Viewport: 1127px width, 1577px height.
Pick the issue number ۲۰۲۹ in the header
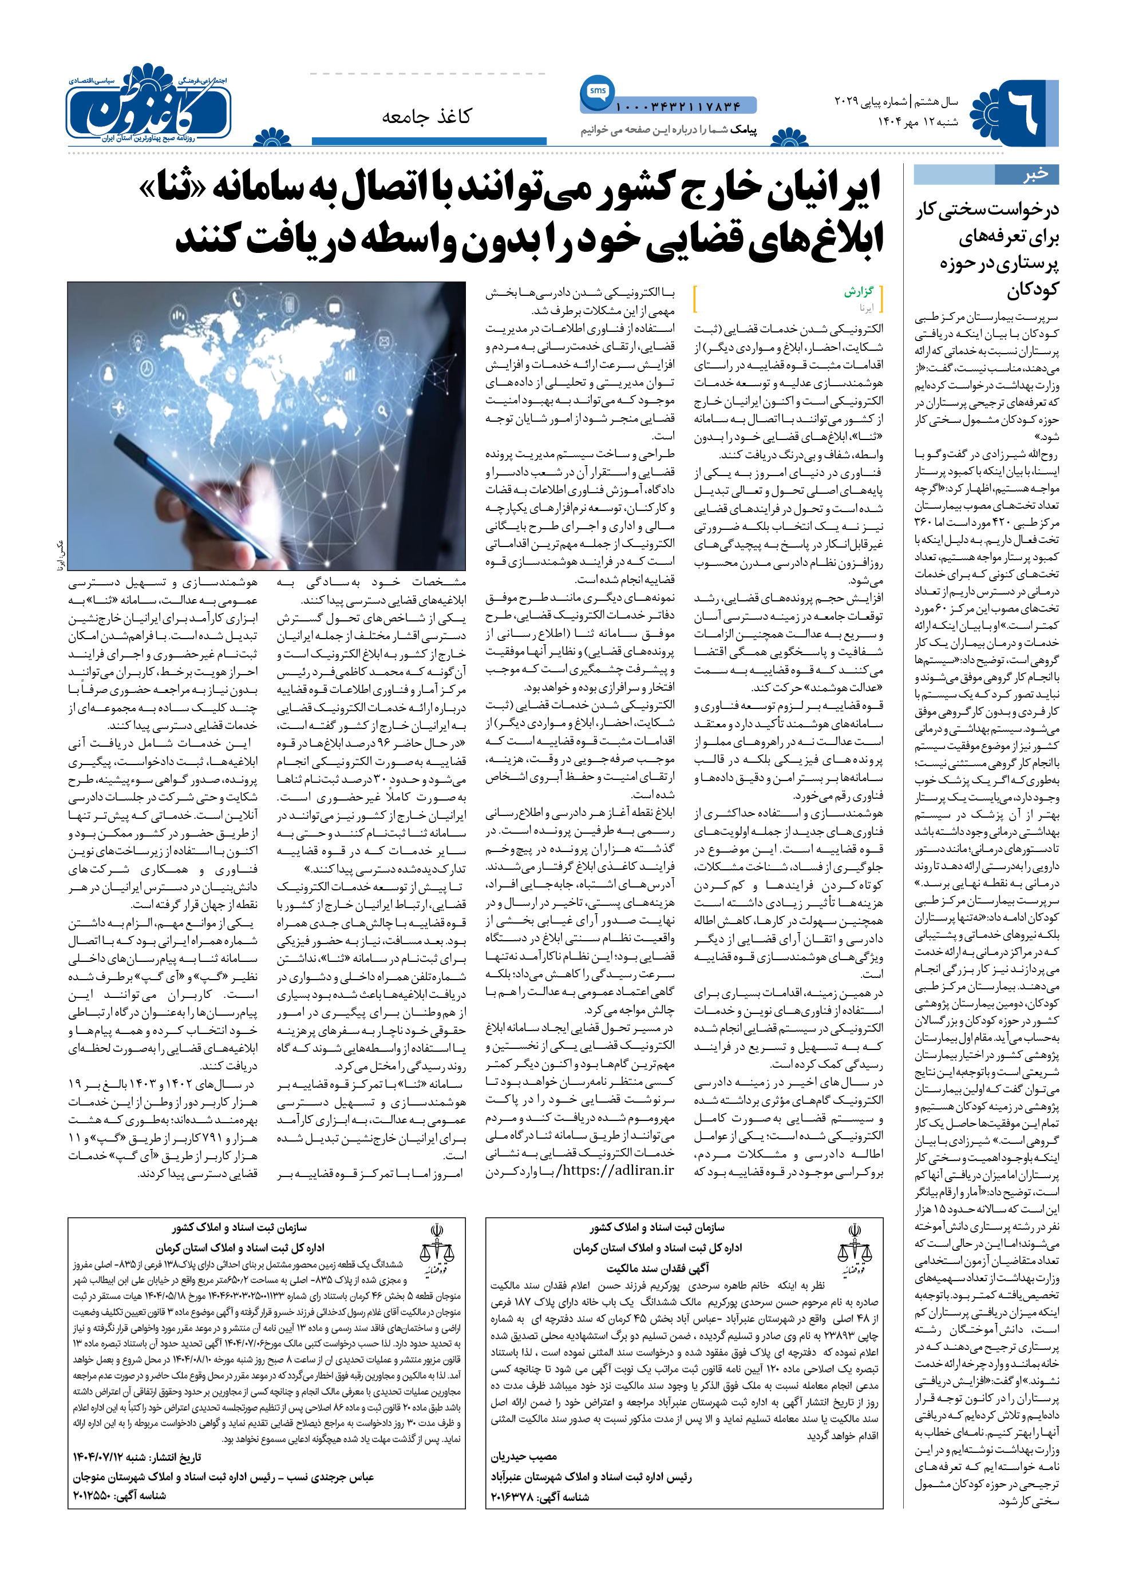[x=846, y=102]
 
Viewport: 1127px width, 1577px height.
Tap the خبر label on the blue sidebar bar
[x=1035, y=174]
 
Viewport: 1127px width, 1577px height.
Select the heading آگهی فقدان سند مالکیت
[x=657, y=1267]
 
